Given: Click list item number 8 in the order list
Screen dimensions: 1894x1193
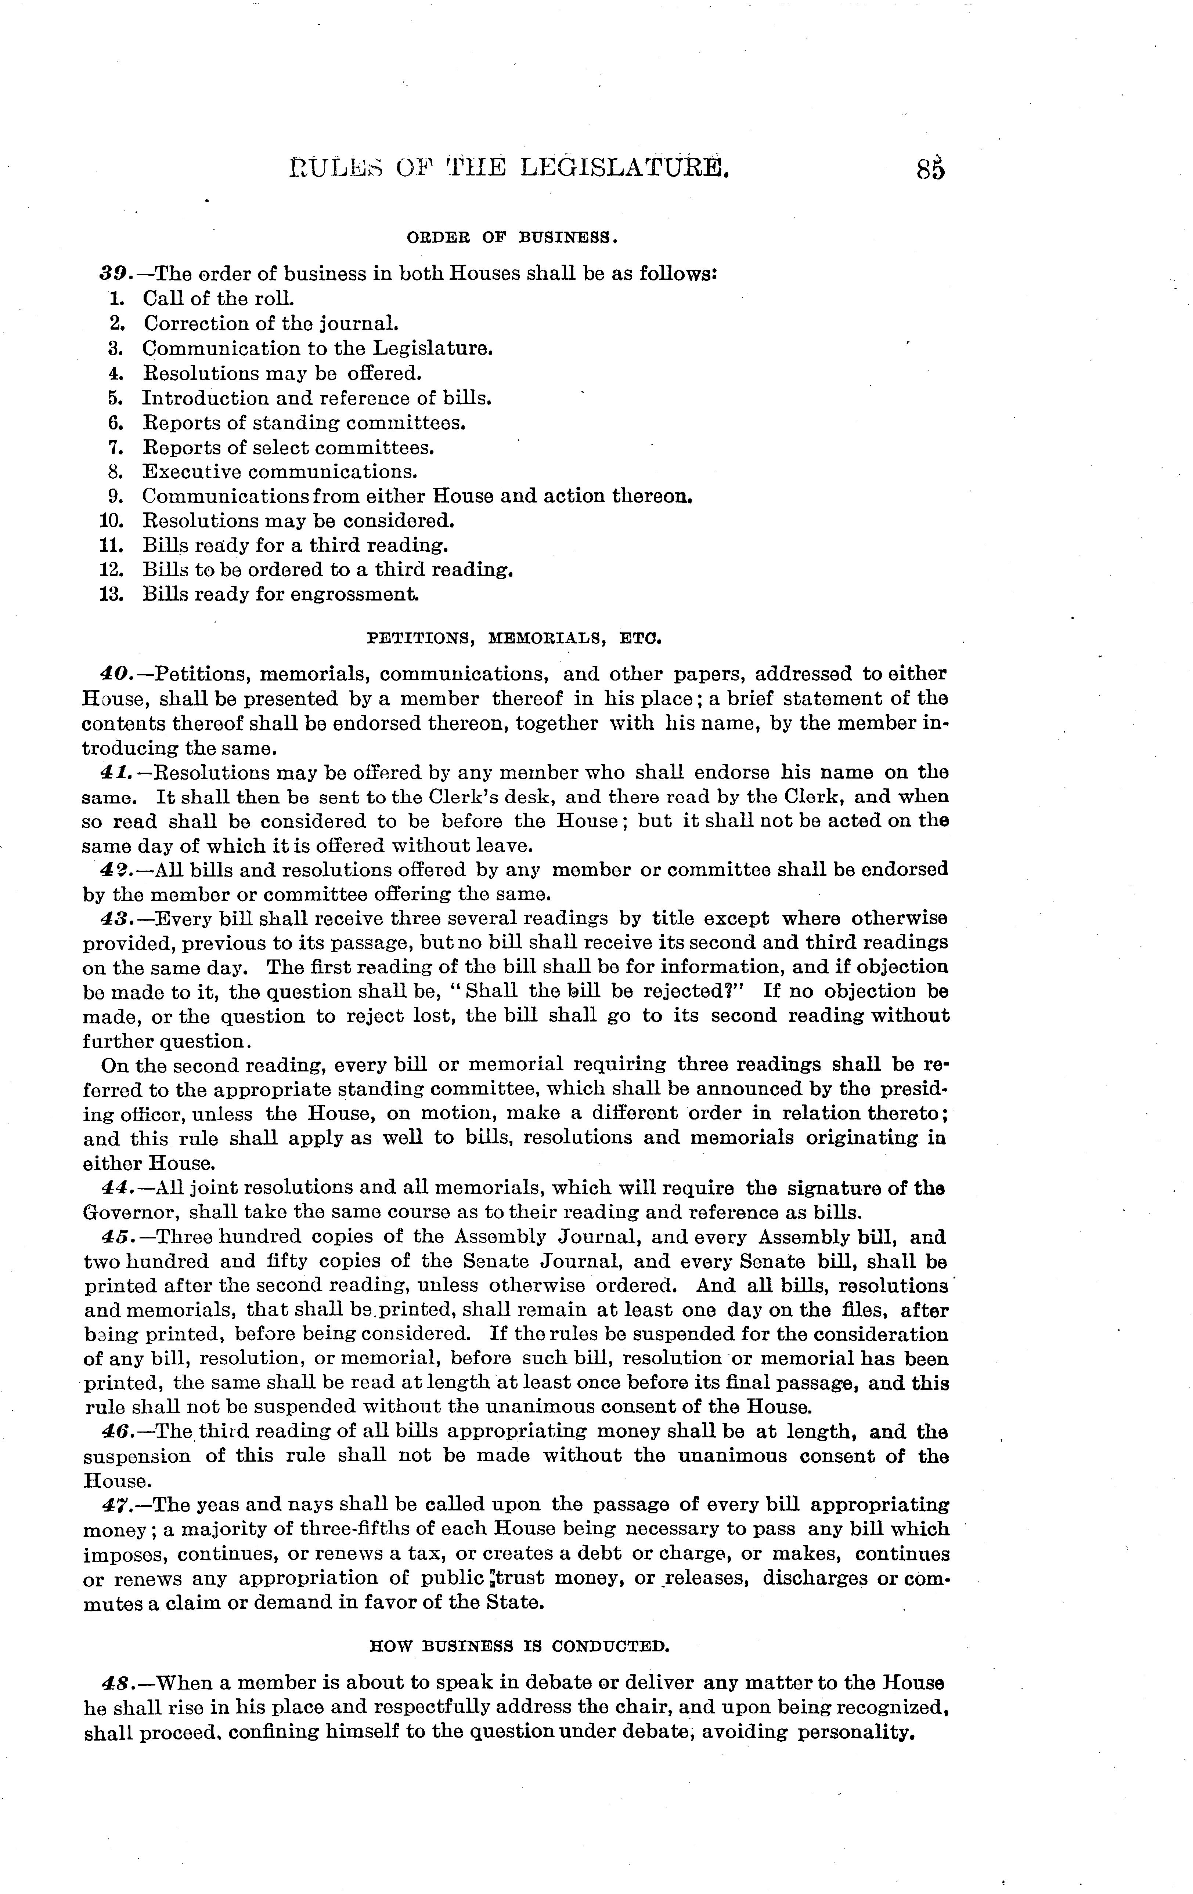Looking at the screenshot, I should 113,472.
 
